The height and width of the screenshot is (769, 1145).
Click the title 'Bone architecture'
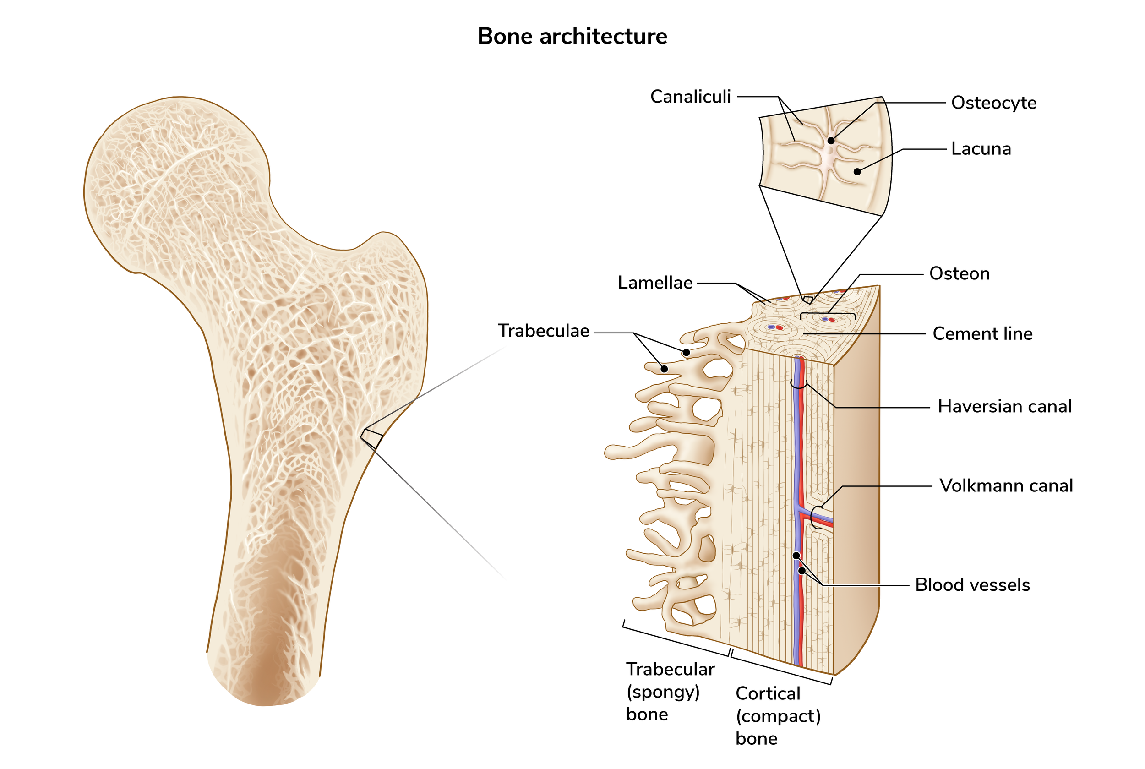[572, 36]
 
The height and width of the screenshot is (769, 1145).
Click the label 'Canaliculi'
[690, 97]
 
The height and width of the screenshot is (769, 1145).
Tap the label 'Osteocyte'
[993, 103]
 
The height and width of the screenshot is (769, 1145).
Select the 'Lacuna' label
[981, 148]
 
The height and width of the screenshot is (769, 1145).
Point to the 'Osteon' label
[959, 274]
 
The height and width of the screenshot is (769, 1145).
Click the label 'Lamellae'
[654, 283]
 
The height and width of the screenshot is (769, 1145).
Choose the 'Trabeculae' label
[543, 331]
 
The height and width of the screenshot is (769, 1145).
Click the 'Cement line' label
[982, 334]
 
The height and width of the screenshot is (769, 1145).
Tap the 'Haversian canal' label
[1004, 407]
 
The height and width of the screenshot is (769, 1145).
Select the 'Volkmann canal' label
[1006, 485]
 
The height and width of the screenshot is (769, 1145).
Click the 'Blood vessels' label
[972, 585]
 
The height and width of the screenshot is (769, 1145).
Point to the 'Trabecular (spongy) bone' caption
[670, 692]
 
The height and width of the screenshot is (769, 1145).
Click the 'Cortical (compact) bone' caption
[778, 716]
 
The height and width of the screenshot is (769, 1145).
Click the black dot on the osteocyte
[831, 141]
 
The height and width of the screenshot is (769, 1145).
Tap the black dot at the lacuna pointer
[857, 172]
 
